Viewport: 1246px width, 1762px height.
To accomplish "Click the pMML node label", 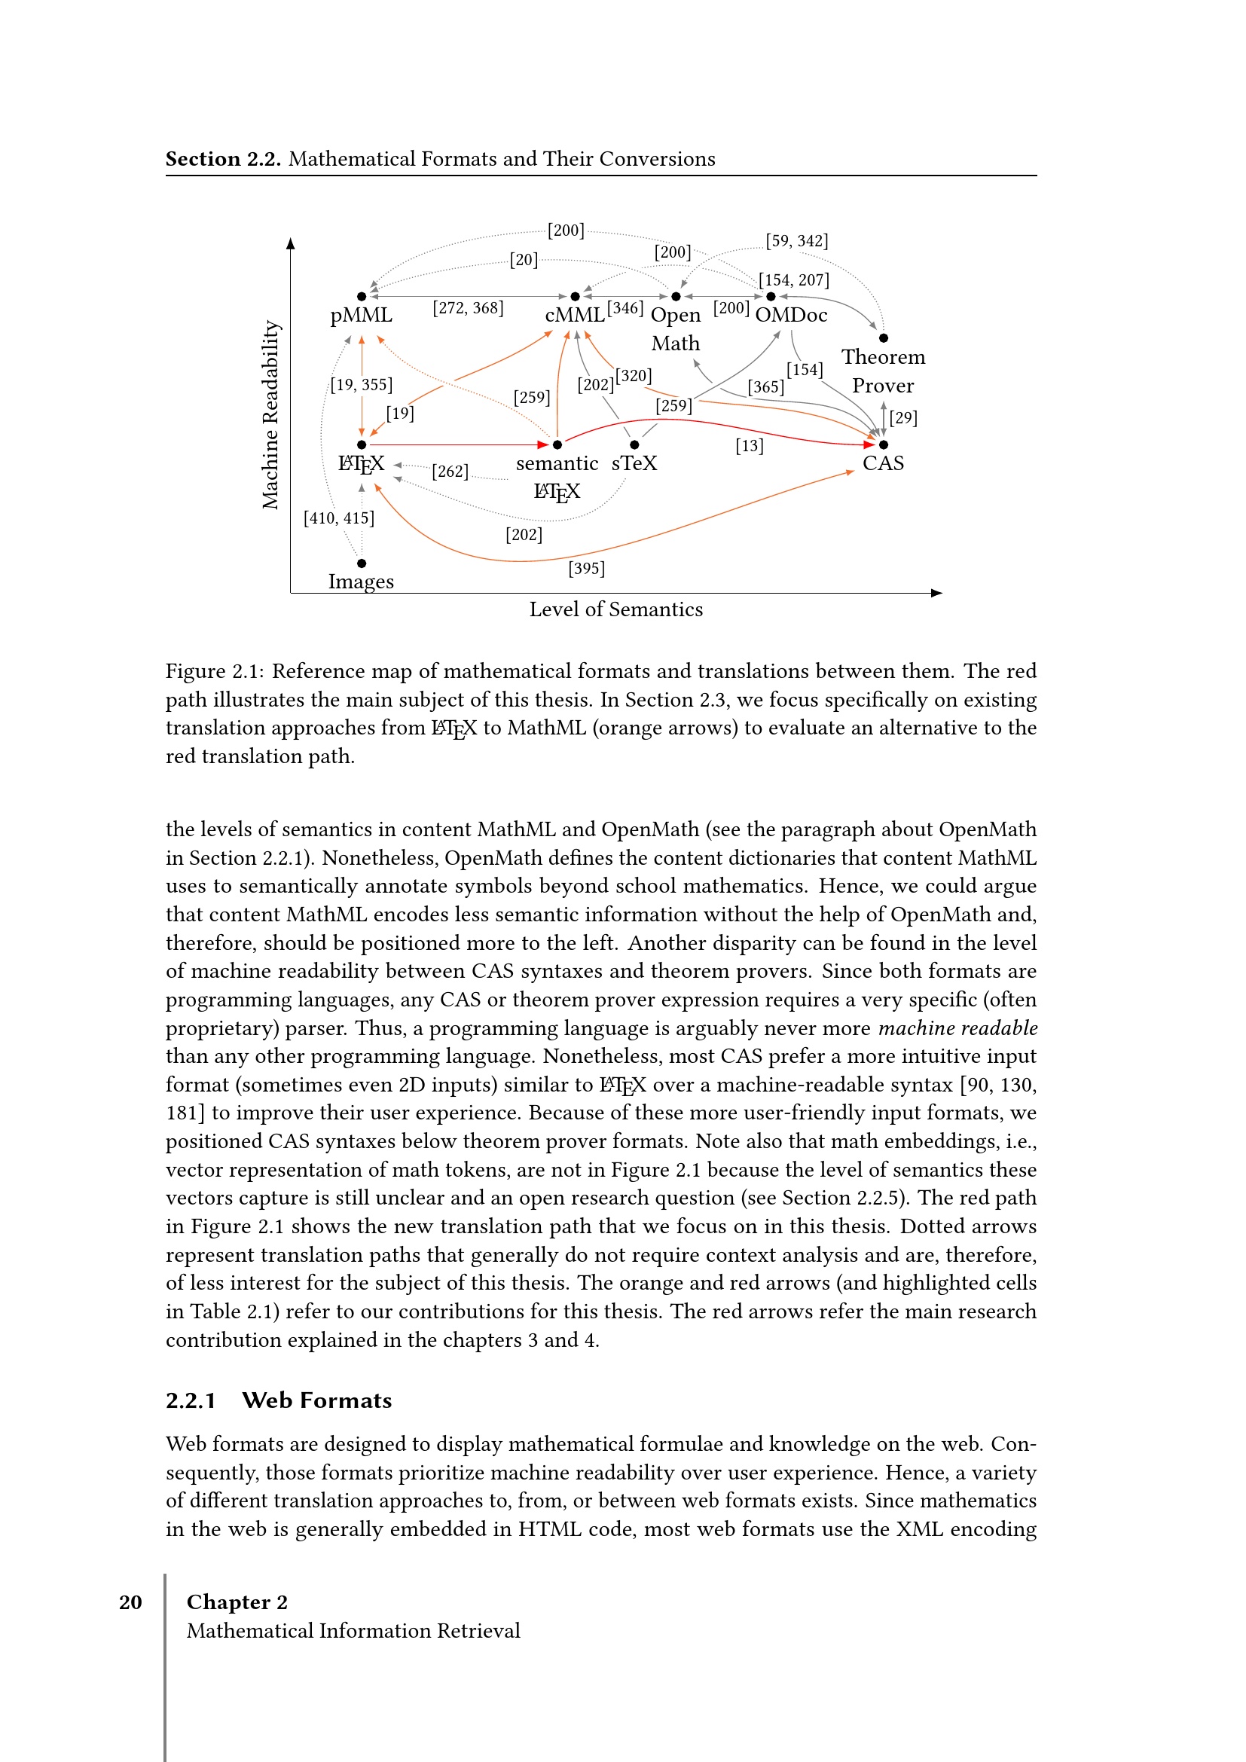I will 361,316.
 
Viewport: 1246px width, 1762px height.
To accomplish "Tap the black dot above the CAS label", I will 883,444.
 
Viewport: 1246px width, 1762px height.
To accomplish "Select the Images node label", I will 361,582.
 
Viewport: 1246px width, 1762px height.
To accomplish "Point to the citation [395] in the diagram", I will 586,569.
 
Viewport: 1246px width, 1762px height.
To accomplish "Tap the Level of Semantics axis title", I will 615,609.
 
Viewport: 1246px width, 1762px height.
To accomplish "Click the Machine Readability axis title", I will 270,414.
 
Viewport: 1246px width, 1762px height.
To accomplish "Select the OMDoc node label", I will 791,316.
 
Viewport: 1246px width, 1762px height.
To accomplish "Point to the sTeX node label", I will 634,463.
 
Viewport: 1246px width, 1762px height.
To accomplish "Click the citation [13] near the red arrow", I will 749,446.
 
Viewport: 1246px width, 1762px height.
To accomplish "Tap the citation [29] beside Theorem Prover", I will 903,418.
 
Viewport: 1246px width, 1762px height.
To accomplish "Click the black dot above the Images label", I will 362,563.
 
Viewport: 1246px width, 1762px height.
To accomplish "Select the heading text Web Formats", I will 316,1400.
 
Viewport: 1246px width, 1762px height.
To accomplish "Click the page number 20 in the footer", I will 130,1602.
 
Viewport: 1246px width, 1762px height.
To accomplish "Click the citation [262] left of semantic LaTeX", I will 450,471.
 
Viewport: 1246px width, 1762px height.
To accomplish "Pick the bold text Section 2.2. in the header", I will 223,159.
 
